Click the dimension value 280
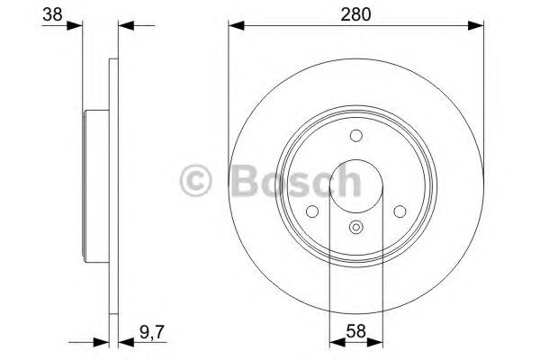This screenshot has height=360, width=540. point(355,13)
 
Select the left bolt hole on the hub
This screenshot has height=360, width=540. point(313,211)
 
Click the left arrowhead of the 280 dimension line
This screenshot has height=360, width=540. point(234,26)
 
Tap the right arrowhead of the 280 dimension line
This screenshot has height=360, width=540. point(476,26)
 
